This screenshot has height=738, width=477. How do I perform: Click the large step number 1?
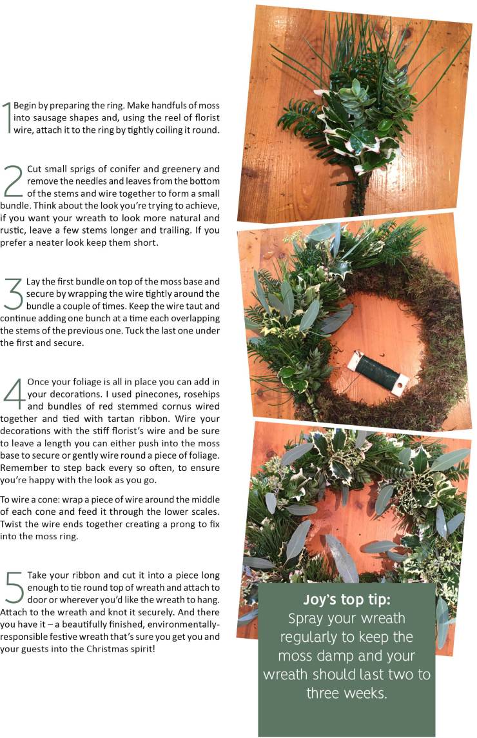(x=7, y=117)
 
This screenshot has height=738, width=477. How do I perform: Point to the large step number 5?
(x=13, y=587)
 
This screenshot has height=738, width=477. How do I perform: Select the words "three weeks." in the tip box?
(x=346, y=693)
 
